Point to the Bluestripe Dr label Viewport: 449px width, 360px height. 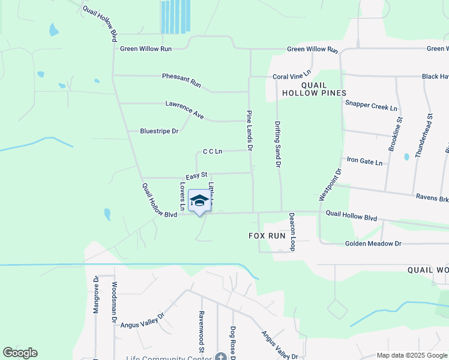(x=159, y=131)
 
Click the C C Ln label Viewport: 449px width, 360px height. (x=212, y=151)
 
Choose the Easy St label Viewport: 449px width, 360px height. (x=196, y=176)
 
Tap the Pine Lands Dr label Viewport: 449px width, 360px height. (x=250, y=130)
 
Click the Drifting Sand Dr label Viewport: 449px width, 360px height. (x=278, y=143)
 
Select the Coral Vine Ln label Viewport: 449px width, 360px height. (x=292, y=76)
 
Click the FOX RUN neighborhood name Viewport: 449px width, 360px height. (x=267, y=236)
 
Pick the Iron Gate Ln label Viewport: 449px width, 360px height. (x=365, y=160)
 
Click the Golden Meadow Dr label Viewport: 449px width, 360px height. (x=373, y=244)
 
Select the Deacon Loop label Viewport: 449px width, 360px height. (x=292, y=232)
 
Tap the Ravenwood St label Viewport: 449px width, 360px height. (x=202, y=332)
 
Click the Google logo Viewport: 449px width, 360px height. (x=20, y=353)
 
